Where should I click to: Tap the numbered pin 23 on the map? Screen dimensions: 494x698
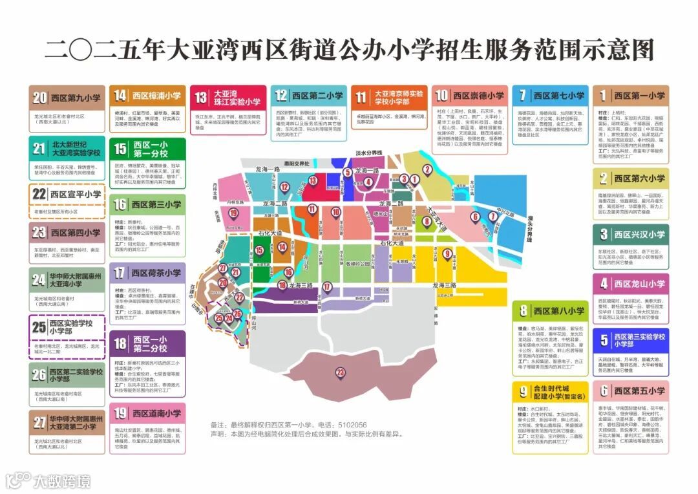341,372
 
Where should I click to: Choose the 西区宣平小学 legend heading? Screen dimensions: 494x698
76,193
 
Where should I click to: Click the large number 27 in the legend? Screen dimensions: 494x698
39,423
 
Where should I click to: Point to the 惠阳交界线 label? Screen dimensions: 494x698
299,164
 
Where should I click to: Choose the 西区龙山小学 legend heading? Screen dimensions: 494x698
639,283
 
